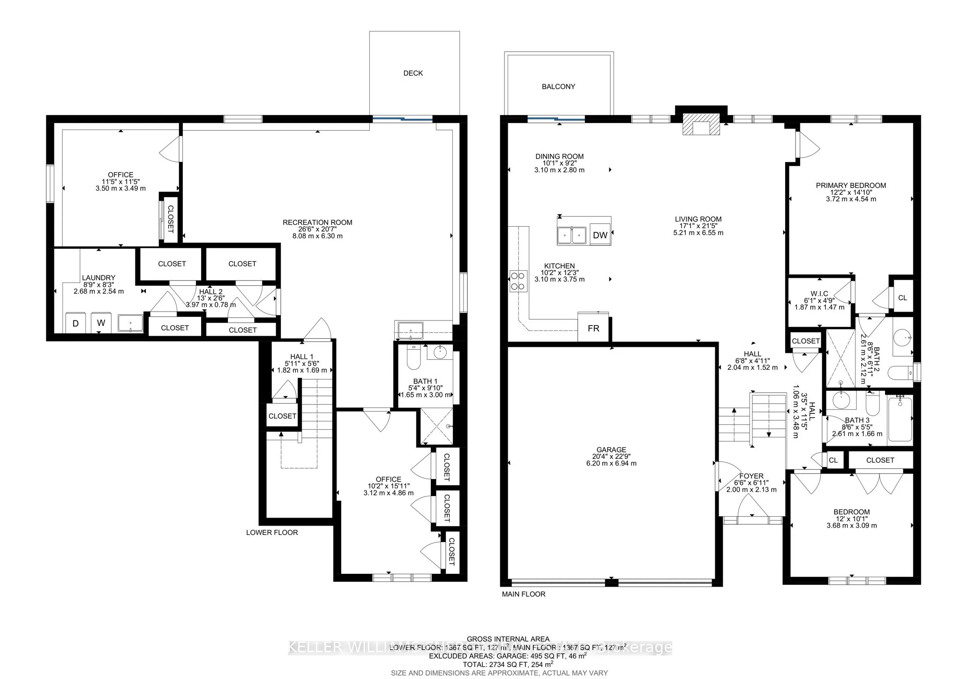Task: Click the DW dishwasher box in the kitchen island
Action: point(600,235)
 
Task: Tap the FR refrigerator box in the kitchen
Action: point(593,328)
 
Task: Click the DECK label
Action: point(413,73)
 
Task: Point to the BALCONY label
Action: point(558,87)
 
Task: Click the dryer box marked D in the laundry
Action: point(75,323)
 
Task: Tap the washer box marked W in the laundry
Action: point(101,323)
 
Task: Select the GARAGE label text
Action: point(611,450)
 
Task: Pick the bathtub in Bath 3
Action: point(900,419)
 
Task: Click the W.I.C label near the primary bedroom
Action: point(819,294)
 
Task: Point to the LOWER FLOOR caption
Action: point(272,533)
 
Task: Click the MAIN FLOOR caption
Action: point(524,594)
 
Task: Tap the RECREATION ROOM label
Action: point(317,223)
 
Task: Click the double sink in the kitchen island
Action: point(572,234)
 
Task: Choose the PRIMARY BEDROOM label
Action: point(851,186)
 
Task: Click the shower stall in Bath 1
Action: point(436,427)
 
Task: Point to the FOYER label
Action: point(751,476)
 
